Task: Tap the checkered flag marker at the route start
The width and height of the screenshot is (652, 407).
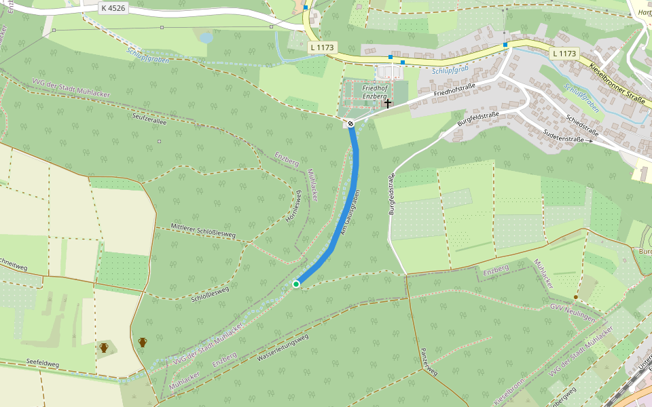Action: point(350,123)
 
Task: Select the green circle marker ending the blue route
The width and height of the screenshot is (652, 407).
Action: point(296,284)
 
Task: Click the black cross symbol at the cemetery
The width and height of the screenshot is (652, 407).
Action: point(388,104)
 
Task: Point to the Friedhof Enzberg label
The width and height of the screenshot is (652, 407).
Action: point(374,92)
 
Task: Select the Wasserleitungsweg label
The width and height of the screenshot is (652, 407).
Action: point(282,347)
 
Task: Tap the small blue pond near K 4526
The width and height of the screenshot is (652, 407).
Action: point(206,38)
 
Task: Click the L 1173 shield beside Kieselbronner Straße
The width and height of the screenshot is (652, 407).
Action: point(564,54)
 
